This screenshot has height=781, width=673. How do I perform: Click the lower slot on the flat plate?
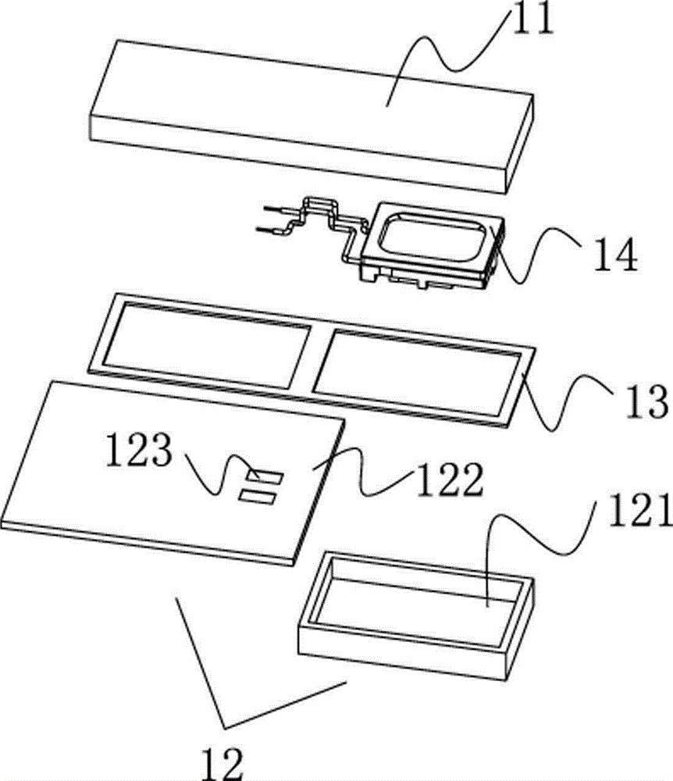point(257,494)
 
